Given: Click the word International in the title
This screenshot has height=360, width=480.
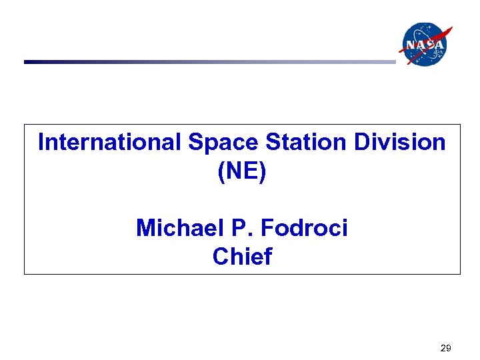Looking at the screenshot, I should [x=109, y=143].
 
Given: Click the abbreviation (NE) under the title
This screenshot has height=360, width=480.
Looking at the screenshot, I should [x=242, y=171].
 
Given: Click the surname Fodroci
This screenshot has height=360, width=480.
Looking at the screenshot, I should [x=304, y=229].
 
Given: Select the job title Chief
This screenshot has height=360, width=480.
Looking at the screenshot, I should [x=242, y=257].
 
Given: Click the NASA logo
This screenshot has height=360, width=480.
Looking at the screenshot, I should [x=423, y=44].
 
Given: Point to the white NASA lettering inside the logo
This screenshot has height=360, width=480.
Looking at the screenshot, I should [x=423, y=45].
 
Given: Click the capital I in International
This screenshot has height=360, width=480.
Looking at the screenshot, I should [x=41, y=143].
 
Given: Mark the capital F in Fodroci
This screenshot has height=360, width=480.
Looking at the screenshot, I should [x=267, y=229].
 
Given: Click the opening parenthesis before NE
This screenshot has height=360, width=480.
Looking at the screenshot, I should [x=221, y=172].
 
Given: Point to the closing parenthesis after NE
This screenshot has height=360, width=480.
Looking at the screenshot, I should [x=263, y=172].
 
